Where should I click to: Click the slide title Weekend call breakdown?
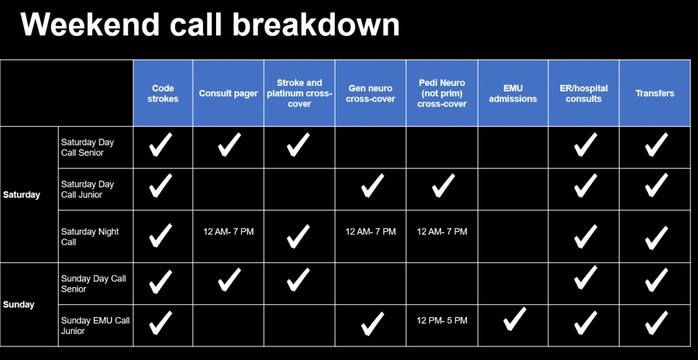[210, 25]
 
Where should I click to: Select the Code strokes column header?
[163, 93]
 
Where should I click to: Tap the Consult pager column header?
[228, 93]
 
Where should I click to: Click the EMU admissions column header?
[513, 93]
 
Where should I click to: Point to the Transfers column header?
[654, 93]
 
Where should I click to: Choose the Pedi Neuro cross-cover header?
[442, 93]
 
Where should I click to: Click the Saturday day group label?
[21, 195]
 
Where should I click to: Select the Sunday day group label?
[18, 305]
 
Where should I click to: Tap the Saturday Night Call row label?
[90, 237]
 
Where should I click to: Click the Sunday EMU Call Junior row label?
[95, 326]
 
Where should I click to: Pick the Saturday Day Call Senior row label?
[87, 147]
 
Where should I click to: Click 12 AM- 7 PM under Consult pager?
[228, 232]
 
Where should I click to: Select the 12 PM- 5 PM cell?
[442, 320]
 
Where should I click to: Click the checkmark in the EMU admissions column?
[514, 319]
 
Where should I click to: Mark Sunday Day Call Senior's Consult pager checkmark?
[229, 280]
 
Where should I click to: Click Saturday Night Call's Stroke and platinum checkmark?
[299, 236]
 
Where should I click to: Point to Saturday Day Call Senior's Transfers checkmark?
[656, 145]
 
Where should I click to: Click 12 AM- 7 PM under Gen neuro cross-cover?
[371, 232]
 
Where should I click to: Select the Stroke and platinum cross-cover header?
[300, 93]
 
